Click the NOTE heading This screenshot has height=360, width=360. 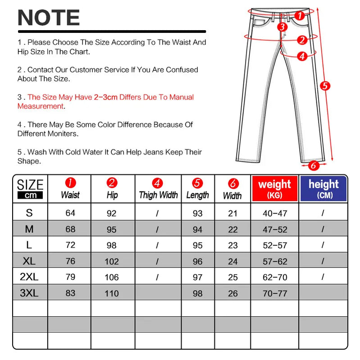(48, 18)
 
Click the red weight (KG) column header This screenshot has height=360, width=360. (274, 188)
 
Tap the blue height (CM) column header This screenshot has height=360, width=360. (324, 188)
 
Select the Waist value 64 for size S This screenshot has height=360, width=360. (70, 213)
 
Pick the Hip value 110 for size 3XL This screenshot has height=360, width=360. (112, 293)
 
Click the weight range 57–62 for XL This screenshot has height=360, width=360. (275, 261)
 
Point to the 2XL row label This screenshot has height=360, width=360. (29, 277)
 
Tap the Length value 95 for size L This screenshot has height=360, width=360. (197, 246)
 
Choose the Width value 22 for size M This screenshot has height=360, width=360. (232, 230)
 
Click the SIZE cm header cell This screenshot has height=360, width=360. (30, 189)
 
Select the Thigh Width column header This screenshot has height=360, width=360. (158, 189)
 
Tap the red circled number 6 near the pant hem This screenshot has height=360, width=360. (312, 165)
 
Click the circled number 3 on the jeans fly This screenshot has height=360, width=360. (282, 27)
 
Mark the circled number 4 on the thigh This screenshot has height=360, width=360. (302, 56)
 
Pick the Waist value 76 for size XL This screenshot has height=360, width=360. (70, 261)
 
